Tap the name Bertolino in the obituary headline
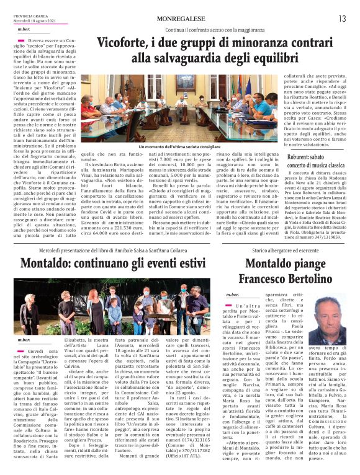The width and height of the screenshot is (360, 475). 295,279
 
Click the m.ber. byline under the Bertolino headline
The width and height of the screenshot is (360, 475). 233,294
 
